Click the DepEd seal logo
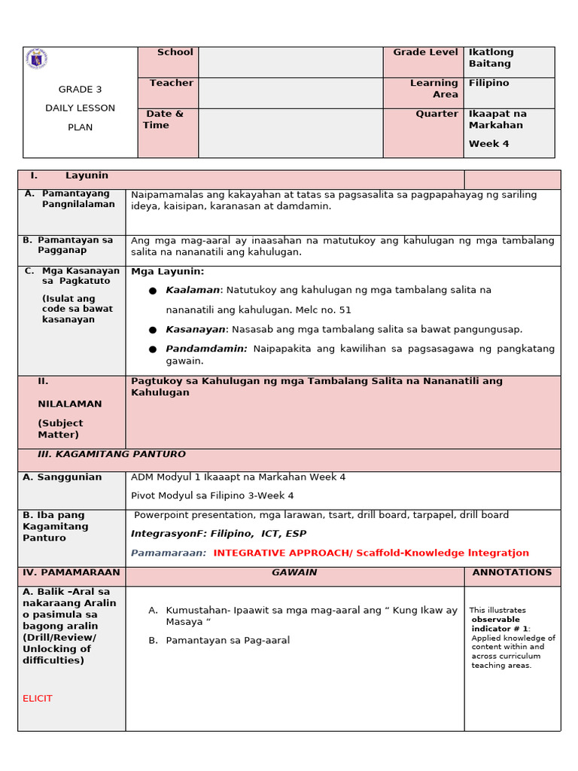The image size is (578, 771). tap(36, 59)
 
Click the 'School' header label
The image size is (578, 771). tap(175, 53)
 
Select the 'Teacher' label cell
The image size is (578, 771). tap(171, 84)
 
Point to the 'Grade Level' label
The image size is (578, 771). tap(425, 53)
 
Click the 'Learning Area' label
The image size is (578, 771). tap(434, 89)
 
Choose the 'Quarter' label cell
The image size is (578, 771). tap(437, 114)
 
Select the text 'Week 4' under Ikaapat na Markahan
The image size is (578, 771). tap(488, 144)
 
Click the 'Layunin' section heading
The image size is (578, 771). tap(87, 175)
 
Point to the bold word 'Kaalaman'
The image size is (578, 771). tap(193, 290)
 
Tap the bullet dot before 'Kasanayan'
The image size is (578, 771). tap(153, 330)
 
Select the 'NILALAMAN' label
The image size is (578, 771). tap(69, 404)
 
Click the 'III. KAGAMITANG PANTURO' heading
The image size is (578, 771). tap(111, 455)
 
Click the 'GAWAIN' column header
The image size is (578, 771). tap(294, 573)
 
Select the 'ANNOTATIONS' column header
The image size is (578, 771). tap(512, 573)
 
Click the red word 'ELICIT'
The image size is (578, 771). tap(38, 699)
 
